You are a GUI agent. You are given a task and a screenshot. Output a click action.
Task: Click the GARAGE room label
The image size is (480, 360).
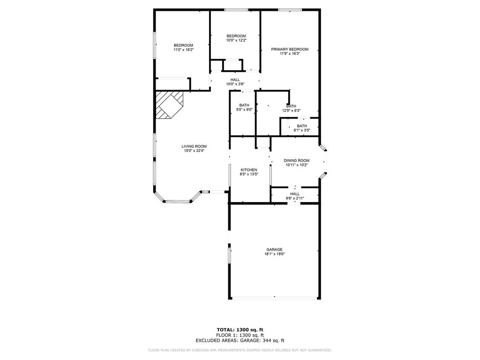click(x=274, y=249)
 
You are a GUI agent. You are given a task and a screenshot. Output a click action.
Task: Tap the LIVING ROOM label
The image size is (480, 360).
click(x=194, y=146)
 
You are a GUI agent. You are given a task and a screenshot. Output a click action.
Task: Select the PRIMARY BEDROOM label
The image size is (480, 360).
click(x=290, y=49)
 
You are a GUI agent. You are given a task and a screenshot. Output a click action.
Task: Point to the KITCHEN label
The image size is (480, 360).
click(x=249, y=170)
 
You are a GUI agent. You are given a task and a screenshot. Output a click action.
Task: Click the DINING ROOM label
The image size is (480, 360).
click(x=296, y=160)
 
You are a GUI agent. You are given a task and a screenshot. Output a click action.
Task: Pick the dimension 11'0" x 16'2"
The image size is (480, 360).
click(x=183, y=50)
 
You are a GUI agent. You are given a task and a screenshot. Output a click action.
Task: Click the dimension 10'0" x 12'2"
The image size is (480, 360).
click(x=236, y=40)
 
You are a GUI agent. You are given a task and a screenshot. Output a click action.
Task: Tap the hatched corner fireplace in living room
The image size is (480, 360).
click(x=169, y=105)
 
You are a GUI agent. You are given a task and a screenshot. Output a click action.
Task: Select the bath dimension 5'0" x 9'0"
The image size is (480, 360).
click(x=244, y=110)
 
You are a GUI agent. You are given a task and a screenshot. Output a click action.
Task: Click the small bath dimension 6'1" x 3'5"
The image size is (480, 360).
click(x=302, y=130)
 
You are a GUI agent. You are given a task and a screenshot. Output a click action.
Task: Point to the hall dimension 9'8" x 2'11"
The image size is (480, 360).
click(x=295, y=198)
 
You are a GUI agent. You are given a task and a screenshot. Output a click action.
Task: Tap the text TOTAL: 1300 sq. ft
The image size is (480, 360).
click(x=240, y=330)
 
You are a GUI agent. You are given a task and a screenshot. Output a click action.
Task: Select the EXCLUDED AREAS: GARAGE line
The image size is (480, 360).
click(x=240, y=340)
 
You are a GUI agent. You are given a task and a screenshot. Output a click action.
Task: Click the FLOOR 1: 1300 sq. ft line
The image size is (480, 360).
click(x=240, y=335)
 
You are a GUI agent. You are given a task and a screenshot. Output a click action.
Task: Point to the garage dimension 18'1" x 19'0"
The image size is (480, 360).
click(x=275, y=254)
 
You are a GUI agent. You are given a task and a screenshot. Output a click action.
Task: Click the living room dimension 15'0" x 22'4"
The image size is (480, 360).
click(x=194, y=150)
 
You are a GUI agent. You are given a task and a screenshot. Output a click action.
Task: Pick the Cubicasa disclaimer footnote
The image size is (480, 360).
click(x=240, y=350)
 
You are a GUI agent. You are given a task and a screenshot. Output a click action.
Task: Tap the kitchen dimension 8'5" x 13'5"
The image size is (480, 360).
click(x=249, y=174)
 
